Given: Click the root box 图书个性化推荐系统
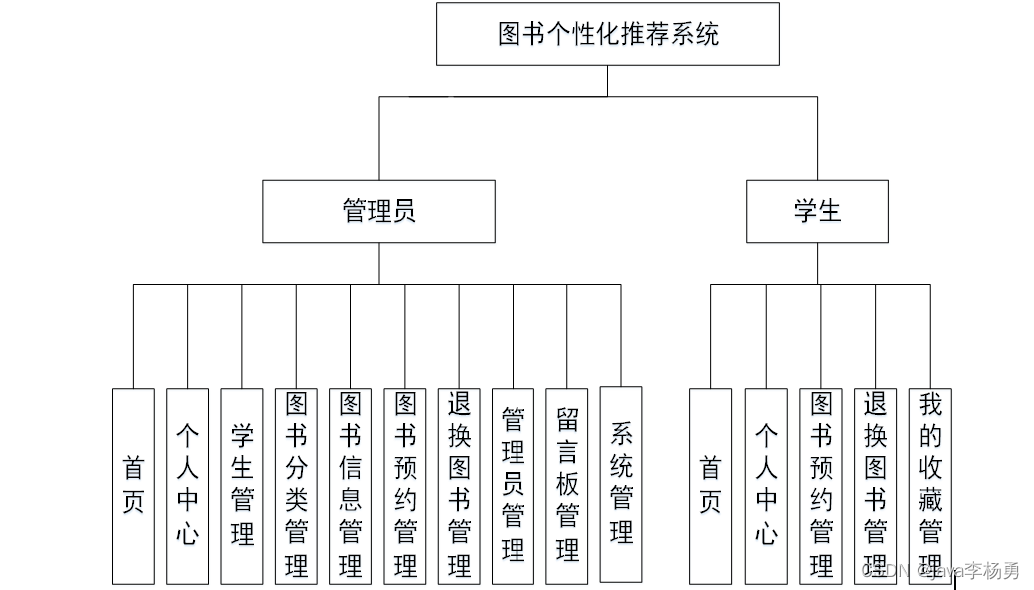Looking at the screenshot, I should tap(607, 34).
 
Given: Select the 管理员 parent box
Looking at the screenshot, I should tap(379, 211).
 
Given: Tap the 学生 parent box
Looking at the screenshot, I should tap(817, 211).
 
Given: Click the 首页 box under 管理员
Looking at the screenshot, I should tap(133, 486).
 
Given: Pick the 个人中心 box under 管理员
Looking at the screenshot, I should tap(188, 486).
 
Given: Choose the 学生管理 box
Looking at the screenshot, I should tap(242, 486).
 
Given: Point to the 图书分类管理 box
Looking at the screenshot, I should tap(296, 486).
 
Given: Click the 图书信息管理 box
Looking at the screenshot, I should tap(350, 486).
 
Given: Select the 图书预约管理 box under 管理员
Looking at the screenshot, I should tap(405, 486).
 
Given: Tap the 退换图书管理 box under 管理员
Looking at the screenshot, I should tap(459, 486).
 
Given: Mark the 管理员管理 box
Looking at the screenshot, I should tap(513, 486).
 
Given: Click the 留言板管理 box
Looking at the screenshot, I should tap(567, 486).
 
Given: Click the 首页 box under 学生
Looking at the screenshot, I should tap(710, 486).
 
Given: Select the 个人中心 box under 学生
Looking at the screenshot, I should tap(766, 486).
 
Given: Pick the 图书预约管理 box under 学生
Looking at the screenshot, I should tap(821, 486).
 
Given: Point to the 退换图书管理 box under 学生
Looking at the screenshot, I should tap(876, 486).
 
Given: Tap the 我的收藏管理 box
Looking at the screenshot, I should tap(930, 486).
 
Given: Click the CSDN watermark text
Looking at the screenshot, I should tap(939, 572).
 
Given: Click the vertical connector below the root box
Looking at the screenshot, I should tap(607, 81).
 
